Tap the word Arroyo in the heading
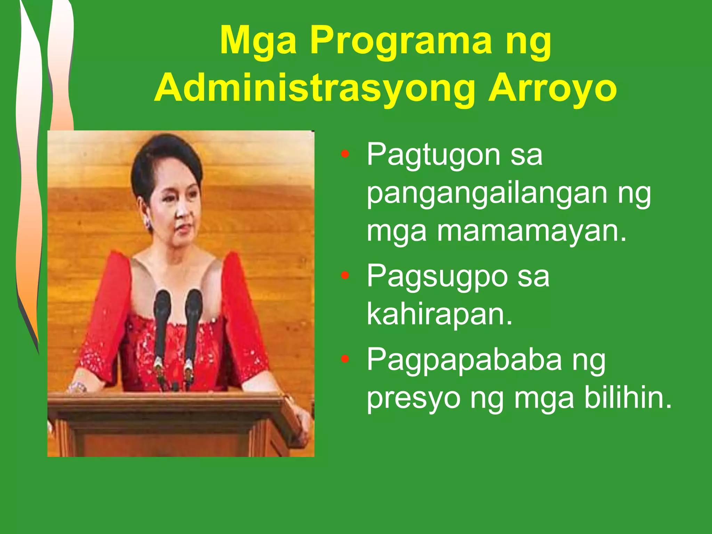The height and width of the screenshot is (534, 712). click(552, 88)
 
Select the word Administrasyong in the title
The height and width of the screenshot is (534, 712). click(315, 89)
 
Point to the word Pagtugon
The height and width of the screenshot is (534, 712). click(433, 155)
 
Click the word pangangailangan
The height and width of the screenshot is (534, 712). click(487, 193)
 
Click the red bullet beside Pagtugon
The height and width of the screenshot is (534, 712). click(345, 154)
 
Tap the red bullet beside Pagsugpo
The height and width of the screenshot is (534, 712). click(345, 276)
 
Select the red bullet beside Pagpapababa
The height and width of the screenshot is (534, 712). click(345, 359)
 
